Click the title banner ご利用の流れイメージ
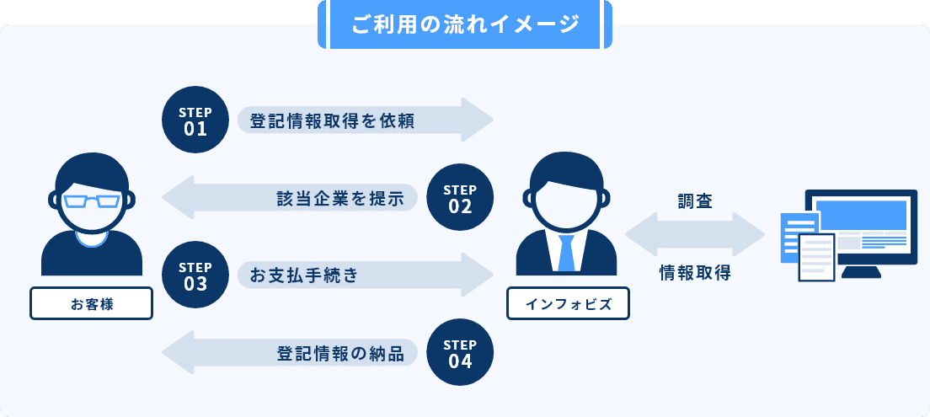tap(464, 24)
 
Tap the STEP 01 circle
tap(195, 120)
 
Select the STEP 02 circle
tap(460, 197)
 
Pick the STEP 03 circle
tap(195, 275)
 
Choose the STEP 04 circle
tap(460, 354)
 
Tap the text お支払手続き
tap(304, 275)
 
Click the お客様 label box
tap(92, 303)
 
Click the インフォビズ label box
tap(568, 303)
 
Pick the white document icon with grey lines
tap(815, 256)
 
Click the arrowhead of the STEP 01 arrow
tap(478, 120)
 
